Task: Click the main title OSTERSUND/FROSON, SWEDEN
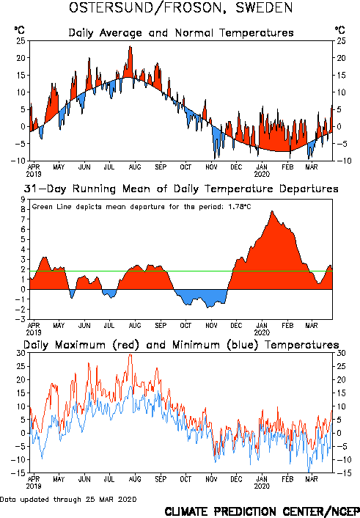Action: [x=180, y=8]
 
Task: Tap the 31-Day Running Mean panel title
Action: [x=181, y=189]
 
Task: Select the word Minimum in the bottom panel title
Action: [x=196, y=345]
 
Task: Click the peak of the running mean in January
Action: [x=272, y=211]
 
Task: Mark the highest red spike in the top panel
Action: [x=130, y=46]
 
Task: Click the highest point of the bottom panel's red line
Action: [x=131, y=354]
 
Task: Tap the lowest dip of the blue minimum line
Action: [x=309, y=472]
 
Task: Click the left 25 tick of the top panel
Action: [x=21, y=41]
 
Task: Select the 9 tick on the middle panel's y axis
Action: [x=23, y=200]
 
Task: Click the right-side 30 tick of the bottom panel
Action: [x=341, y=353]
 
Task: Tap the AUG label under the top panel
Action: [x=135, y=167]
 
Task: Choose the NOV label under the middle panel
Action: [x=211, y=326]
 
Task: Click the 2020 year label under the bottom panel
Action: [x=262, y=486]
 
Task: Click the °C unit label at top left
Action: [x=20, y=30]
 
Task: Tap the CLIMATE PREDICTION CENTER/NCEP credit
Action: [x=262, y=511]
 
